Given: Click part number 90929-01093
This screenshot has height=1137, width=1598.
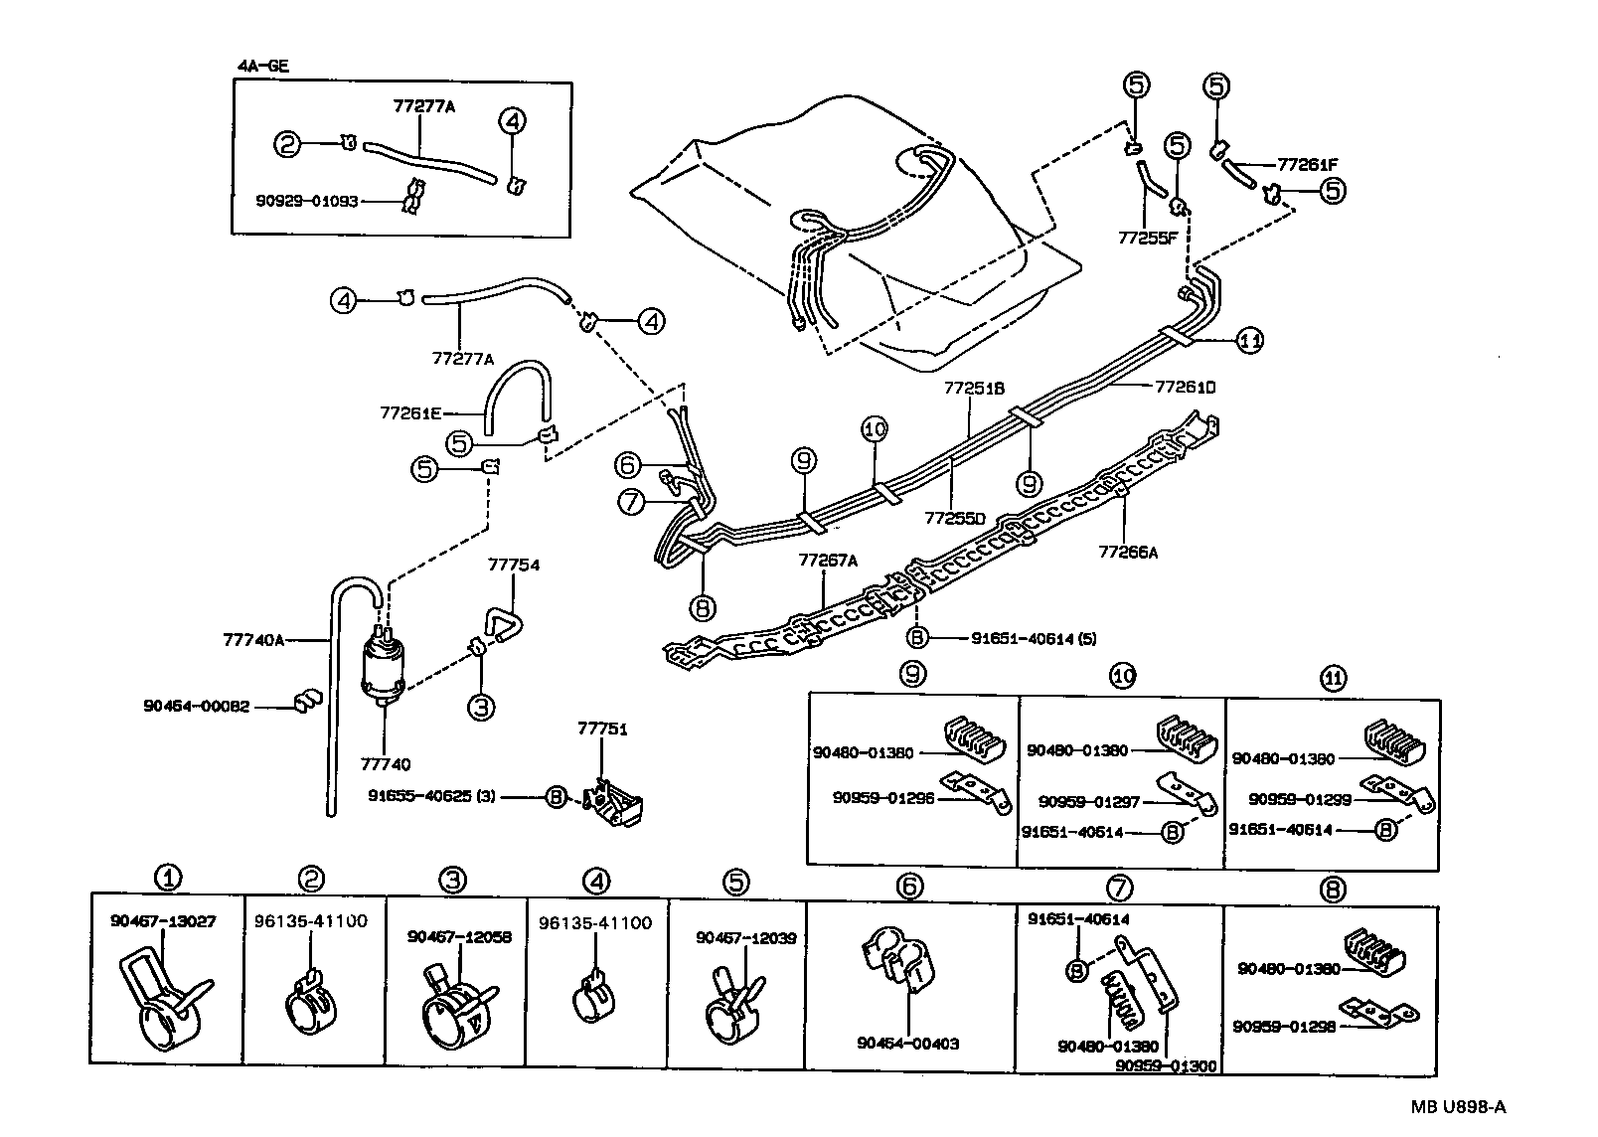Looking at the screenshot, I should pos(307,201).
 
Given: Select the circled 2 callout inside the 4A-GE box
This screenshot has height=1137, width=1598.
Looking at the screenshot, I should pos(286,145).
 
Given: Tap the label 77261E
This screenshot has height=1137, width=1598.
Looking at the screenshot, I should pos(410,411).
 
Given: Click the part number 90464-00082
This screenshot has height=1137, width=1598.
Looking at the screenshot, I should pos(196,707).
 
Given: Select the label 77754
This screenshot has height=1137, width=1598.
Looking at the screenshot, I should pos(514,566).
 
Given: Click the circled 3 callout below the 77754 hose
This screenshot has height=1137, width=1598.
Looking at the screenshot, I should pos(480,707).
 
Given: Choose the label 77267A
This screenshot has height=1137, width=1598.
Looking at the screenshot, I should pos(827,561).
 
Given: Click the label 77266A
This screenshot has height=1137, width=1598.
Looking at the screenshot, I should pos(1128,552).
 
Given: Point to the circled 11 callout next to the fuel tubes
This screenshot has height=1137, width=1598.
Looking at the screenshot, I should pos(1249,341).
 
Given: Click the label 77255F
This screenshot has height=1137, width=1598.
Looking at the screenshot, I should pos(1148,238).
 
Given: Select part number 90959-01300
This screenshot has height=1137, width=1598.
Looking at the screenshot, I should pos(1165,1064).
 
